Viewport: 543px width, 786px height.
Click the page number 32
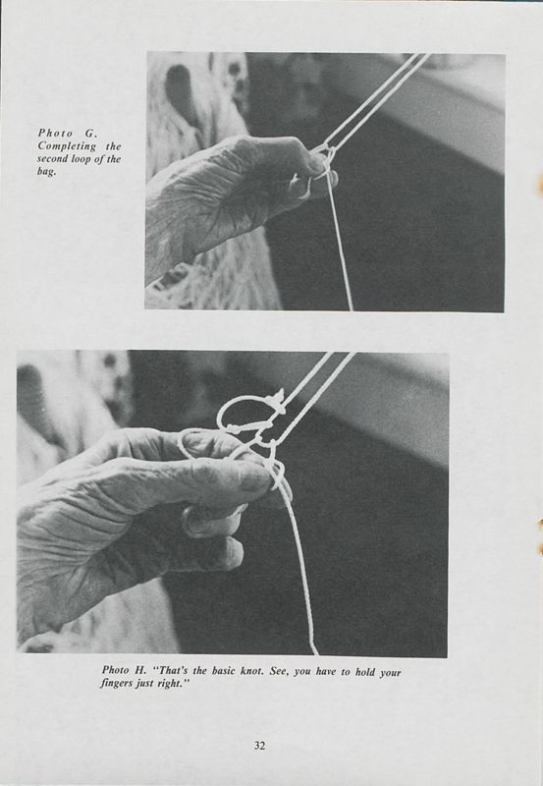click(x=259, y=745)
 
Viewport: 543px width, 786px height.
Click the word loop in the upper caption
click(x=82, y=158)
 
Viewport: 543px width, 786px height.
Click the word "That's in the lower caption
click(x=179, y=670)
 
